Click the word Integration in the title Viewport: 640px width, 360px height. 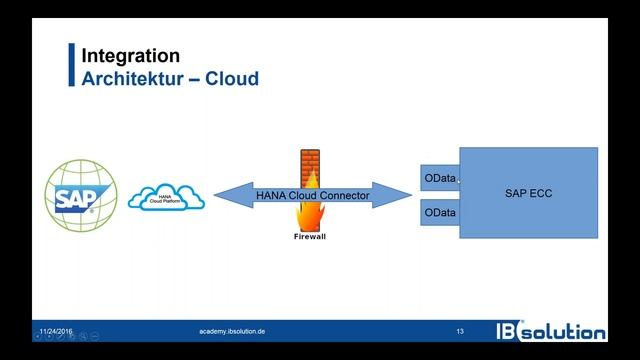pos(131,56)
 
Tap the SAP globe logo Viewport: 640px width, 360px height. pos(81,195)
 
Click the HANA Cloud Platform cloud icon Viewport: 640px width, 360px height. pos(167,197)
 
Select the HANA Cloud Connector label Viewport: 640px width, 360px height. pos(312,196)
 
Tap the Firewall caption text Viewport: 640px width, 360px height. pos(310,238)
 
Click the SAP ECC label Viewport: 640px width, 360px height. pos(528,192)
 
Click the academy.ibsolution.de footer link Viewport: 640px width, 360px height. pos(232,330)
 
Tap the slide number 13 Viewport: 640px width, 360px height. pos(460,330)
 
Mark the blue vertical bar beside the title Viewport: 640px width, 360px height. pos(72,66)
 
